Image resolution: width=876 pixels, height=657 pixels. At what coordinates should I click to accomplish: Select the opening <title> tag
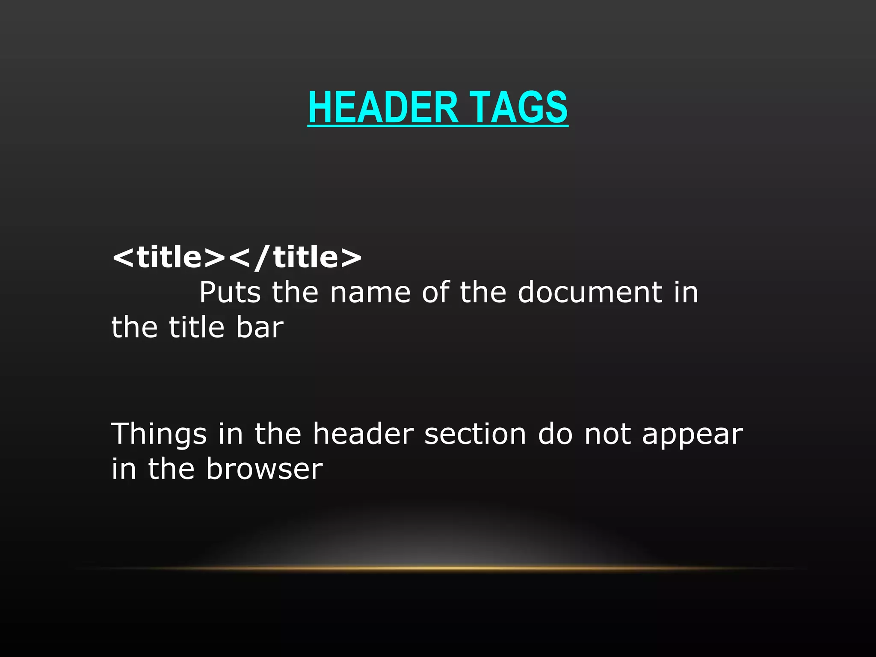point(168,257)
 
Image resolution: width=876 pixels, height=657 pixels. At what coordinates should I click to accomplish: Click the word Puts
point(230,293)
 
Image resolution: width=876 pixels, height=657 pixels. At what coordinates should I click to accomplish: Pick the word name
point(370,293)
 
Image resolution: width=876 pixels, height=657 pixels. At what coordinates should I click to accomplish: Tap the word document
point(590,293)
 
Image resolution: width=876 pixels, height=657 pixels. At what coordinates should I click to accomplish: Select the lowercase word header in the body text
point(363,434)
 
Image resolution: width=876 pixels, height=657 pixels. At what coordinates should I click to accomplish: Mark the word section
point(475,434)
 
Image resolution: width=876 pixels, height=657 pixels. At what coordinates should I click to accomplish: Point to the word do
point(555,434)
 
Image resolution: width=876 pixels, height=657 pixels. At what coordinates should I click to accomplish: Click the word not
point(607,434)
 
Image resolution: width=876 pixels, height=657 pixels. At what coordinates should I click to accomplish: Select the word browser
point(264,469)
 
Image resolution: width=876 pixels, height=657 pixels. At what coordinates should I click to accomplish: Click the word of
point(435,293)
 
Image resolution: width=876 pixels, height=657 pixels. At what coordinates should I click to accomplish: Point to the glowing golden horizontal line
point(438,568)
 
